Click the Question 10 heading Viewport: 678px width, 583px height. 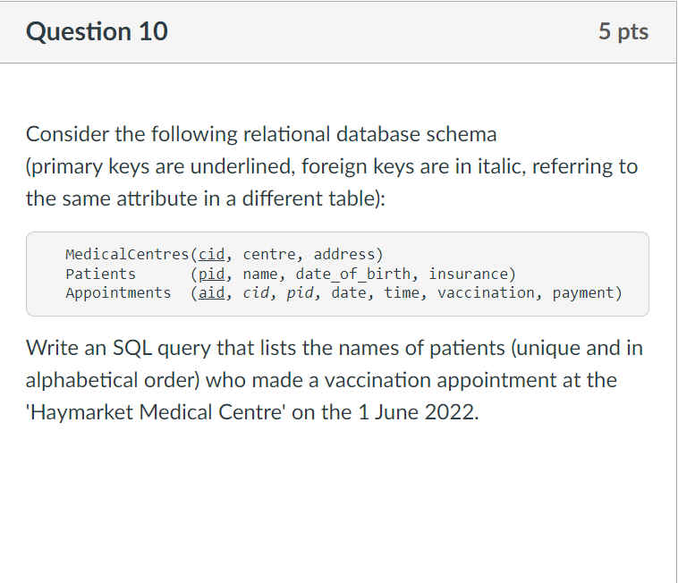pyautogui.click(x=97, y=32)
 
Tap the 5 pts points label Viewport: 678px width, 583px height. pyautogui.click(x=623, y=32)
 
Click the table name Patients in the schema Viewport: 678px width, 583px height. pyautogui.click(x=101, y=274)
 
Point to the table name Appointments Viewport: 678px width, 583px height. pyautogui.click(x=118, y=292)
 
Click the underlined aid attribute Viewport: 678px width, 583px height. pyautogui.click(x=211, y=292)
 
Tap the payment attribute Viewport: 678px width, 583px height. pyautogui.click(x=582, y=292)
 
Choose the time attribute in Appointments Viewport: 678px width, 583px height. pyautogui.click(x=402, y=292)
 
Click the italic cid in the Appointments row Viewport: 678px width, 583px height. pyautogui.click(x=256, y=292)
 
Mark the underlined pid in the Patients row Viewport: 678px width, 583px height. pyautogui.click(x=211, y=274)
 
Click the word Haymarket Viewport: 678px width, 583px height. pyautogui.click(x=77, y=414)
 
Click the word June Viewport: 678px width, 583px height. pyautogui.click(x=386, y=414)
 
